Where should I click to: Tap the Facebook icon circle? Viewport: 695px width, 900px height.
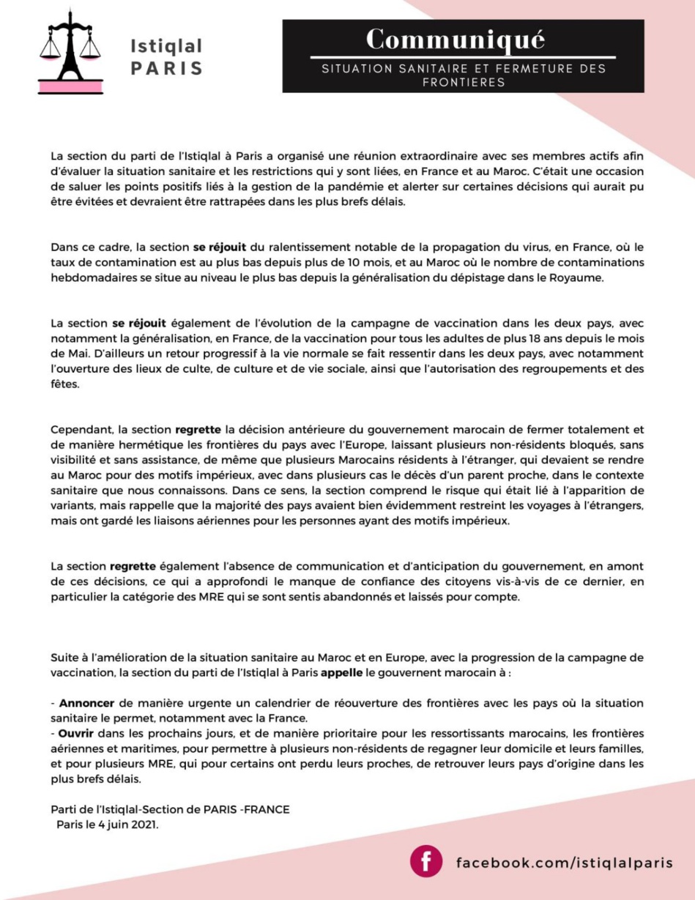(426, 861)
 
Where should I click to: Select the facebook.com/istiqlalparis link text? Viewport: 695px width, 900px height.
(564, 862)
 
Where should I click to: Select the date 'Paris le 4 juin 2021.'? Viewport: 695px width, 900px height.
(108, 824)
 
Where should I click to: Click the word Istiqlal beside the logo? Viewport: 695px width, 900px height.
(166, 45)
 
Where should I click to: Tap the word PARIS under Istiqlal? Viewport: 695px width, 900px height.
(166, 69)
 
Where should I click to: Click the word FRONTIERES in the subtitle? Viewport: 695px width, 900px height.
(463, 83)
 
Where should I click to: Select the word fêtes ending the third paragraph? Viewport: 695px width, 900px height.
(64, 383)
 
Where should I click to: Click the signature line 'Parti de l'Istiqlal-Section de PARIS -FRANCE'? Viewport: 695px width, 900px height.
(170, 809)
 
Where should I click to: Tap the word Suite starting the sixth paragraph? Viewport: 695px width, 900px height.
(65, 657)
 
